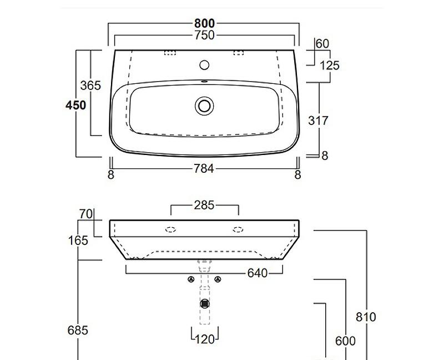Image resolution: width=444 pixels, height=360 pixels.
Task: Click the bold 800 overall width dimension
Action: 204,23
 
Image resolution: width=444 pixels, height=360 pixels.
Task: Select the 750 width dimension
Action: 204,35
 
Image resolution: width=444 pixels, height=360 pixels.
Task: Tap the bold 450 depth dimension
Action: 76,105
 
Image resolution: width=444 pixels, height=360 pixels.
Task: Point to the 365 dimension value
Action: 90,86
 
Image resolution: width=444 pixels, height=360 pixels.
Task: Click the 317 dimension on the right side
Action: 319,120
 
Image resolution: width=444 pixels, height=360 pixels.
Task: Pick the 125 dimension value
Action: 330,66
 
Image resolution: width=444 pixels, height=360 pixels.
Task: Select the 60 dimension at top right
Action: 322,44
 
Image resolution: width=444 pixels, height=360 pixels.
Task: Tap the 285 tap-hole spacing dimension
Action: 204,206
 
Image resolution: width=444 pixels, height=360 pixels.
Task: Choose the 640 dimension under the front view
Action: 258,273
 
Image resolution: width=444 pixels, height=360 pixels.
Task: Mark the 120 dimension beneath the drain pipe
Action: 205,339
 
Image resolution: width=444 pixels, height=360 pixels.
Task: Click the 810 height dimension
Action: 366,317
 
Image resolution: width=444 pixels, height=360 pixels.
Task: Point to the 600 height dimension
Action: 345,341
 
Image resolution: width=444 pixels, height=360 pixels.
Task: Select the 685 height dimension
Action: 78,330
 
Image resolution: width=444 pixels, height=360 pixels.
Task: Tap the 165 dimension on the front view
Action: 78,241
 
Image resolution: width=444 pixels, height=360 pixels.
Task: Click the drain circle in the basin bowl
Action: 204,106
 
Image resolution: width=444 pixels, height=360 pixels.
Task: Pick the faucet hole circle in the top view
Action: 204,65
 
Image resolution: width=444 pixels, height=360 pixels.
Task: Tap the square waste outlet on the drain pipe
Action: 205,303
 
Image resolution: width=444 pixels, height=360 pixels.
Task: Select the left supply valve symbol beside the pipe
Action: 191,279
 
